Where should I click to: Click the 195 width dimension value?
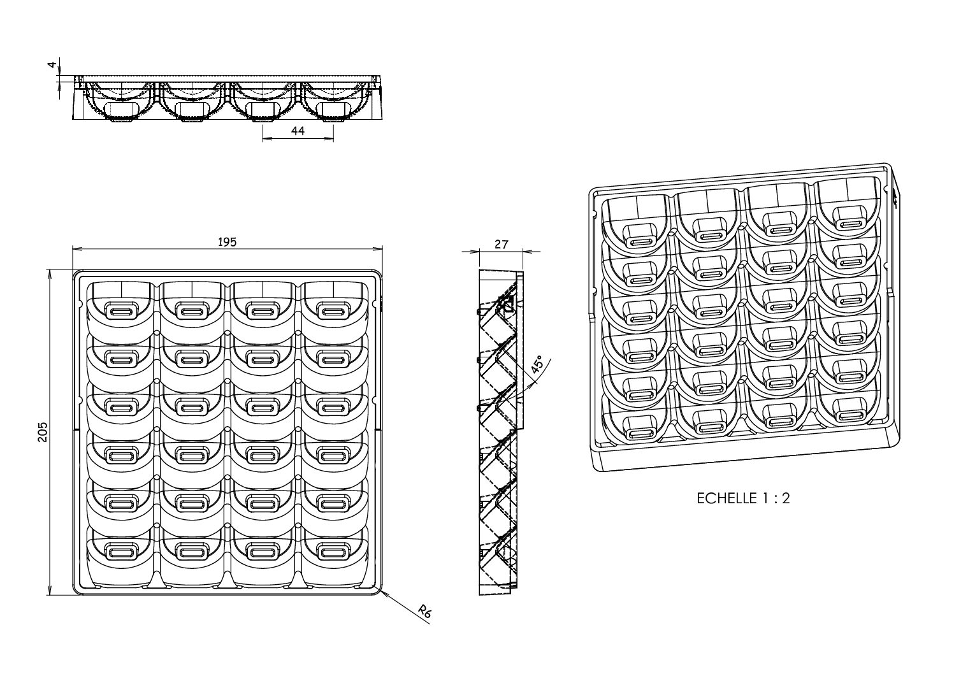[x=228, y=242]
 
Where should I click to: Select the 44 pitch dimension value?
[x=298, y=131]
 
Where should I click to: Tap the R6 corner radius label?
[x=425, y=613]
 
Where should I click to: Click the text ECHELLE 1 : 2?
[x=743, y=498]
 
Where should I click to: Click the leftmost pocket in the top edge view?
[x=119, y=102]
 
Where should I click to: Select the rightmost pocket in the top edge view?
[x=334, y=102]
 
